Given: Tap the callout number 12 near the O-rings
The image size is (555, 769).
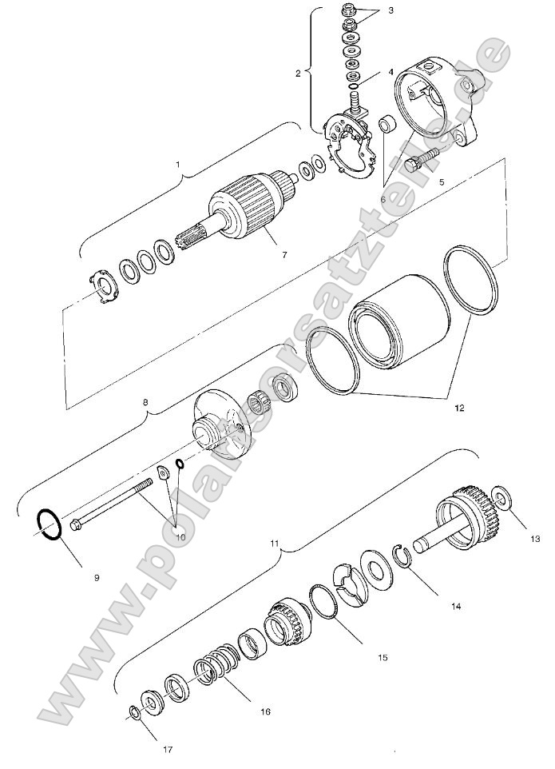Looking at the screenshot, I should [459, 408].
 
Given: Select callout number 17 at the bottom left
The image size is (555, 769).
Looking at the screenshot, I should [167, 749].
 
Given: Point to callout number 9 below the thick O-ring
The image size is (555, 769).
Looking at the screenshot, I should [97, 576].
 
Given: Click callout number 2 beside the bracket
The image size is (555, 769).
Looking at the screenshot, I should [298, 74].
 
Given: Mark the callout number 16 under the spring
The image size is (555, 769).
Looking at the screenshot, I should [265, 710].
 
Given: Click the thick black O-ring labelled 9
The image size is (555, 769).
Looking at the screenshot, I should [47, 524].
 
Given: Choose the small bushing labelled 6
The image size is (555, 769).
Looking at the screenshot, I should [387, 124].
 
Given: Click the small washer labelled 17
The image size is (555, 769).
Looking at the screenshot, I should [134, 711].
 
